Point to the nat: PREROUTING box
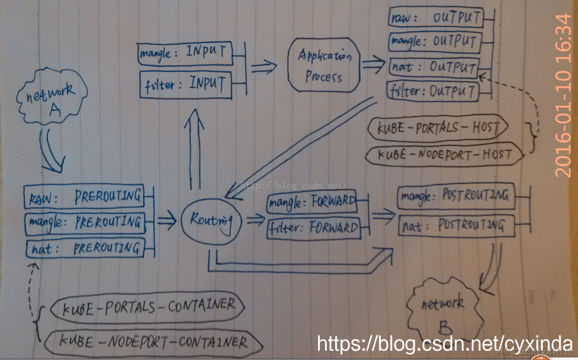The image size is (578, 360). [x=85, y=249]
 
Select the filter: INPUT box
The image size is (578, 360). [x=185, y=84]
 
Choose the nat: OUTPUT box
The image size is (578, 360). [x=434, y=67]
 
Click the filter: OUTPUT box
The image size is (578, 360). [x=434, y=92]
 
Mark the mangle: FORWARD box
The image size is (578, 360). [x=313, y=202]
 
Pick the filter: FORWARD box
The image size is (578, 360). [x=314, y=228]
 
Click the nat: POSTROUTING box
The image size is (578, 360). [x=456, y=225]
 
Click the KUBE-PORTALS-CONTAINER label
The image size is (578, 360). [x=149, y=307]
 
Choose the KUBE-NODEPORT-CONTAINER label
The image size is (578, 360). [x=154, y=342]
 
